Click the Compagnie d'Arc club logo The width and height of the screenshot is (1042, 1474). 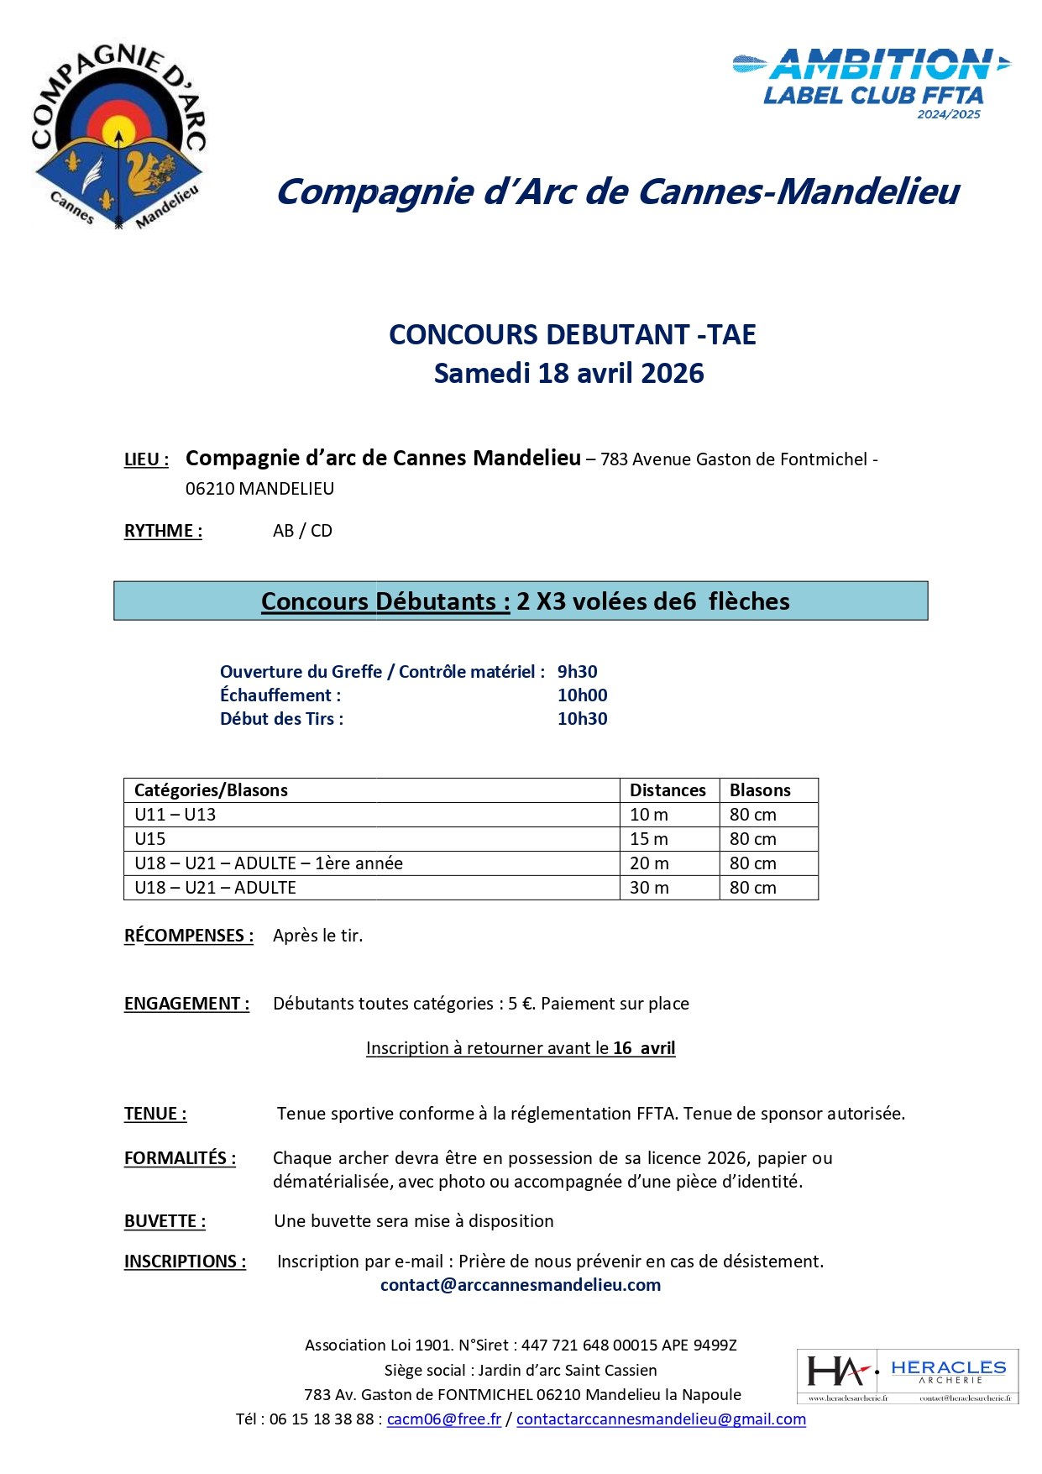click(118, 138)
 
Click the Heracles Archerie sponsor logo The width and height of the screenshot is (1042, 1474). click(907, 1376)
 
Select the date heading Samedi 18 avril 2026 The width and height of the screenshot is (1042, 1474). click(568, 374)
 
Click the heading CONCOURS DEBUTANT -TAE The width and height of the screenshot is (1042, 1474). click(572, 334)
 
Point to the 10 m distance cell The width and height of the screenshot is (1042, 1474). click(649, 815)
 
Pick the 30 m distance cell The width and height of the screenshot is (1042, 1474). click(649, 888)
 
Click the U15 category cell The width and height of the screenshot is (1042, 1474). click(150, 839)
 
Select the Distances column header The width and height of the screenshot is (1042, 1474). click(668, 790)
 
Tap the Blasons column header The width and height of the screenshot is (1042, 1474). click(760, 790)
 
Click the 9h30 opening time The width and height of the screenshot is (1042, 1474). click(578, 672)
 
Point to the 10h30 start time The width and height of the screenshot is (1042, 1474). click(583, 719)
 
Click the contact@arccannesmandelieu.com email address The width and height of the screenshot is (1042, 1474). click(521, 1285)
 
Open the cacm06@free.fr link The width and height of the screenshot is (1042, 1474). click(443, 1419)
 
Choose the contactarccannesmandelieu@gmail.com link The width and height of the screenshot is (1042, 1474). click(661, 1419)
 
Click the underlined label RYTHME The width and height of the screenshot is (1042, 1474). click(163, 531)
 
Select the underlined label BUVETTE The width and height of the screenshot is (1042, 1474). click(165, 1221)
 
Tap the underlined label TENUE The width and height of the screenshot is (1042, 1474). click(155, 1114)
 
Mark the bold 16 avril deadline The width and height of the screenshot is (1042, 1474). click(644, 1048)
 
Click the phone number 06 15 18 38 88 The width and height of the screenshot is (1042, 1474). click(322, 1419)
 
